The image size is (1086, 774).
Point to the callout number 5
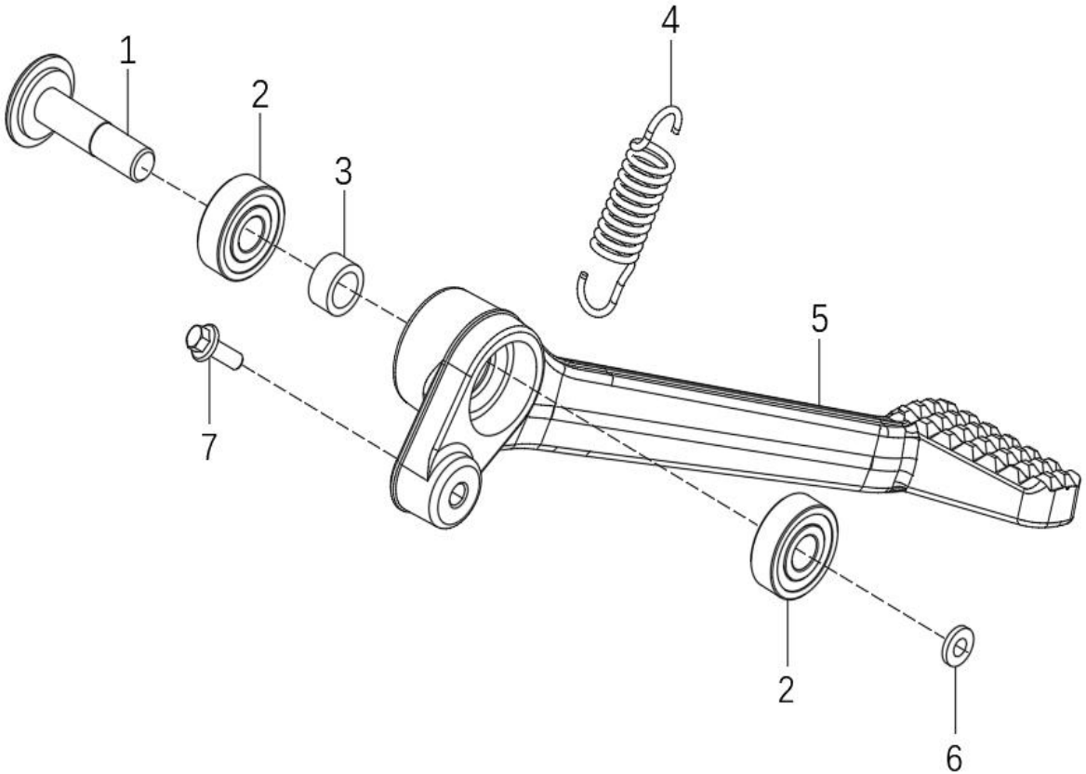click(819, 319)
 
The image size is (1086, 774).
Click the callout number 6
click(954, 758)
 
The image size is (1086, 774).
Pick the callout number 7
click(208, 447)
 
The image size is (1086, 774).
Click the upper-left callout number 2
click(259, 94)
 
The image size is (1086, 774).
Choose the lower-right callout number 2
click(786, 689)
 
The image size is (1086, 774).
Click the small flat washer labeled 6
click(959, 647)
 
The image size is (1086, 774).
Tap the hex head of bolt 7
click(201, 339)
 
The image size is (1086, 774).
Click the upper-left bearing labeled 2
click(241, 227)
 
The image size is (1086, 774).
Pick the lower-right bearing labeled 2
click(794, 545)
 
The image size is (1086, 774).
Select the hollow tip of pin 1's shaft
click(143, 168)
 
